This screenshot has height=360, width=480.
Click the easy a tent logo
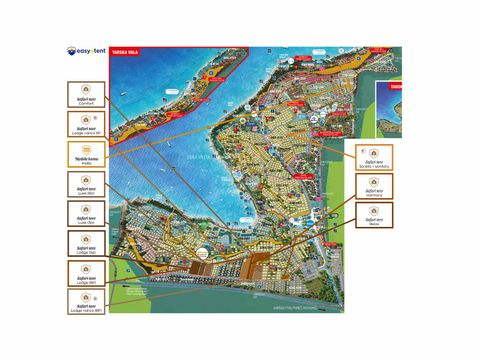pos(87,52)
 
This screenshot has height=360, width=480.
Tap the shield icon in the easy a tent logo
pos(72,52)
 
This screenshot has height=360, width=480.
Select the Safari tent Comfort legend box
pos(88,97)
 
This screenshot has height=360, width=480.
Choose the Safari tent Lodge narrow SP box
pos(88,125)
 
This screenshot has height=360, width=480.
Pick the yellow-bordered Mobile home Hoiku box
pos(88,155)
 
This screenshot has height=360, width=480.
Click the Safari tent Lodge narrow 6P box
pos(88,300)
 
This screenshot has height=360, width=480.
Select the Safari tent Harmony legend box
pos(373,185)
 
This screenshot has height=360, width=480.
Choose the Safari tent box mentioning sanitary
pos(373,155)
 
